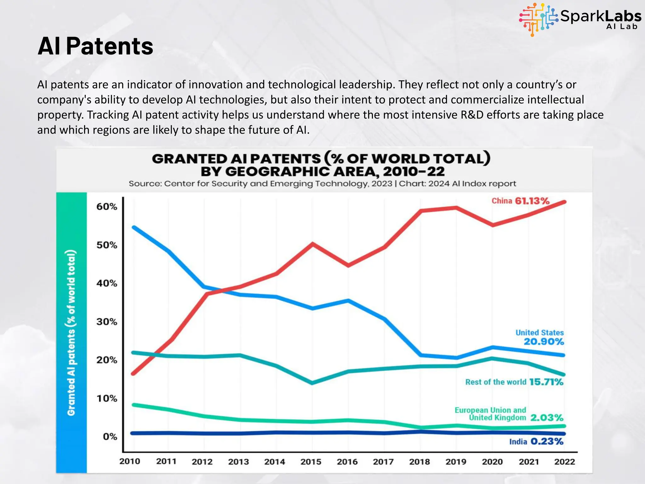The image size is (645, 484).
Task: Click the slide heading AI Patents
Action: [95, 46]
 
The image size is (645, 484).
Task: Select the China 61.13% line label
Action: [520, 201]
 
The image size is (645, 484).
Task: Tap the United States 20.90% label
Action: [539, 337]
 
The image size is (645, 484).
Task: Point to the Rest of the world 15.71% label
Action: [514, 382]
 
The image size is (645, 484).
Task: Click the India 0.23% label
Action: [536, 441]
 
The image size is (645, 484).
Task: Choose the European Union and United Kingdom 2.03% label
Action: [509, 414]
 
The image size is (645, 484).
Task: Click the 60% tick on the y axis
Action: [106, 207]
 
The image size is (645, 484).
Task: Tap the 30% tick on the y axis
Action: [106, 322]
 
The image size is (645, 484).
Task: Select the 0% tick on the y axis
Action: [110, 437]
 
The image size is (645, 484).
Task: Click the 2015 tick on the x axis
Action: [311, 462]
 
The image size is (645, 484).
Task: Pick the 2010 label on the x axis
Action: [129, 461]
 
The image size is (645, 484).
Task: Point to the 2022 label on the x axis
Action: [564, 462]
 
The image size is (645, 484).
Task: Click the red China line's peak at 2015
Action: [312, 244]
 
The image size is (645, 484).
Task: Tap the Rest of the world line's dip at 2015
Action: [312, 383]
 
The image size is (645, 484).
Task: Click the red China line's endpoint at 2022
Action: [564, 202]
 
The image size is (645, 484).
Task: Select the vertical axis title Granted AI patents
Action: [71, 332]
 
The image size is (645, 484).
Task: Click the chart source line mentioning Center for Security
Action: [322, 184]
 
